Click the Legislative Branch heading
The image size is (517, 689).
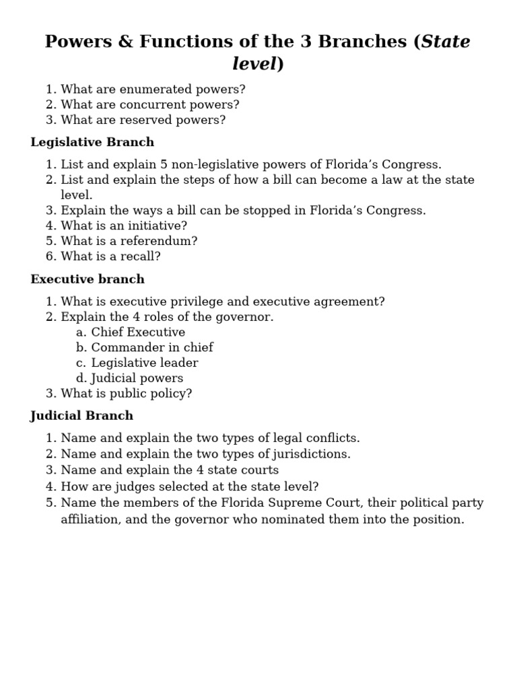click(x=92, y=142)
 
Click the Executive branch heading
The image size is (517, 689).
click(x=88, y=279)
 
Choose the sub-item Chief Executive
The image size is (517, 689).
click(x=138, y=332)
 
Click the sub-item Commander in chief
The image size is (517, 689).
click(x=152, y=347)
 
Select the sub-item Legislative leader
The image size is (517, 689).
click(x=145, y=363)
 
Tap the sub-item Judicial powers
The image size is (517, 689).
click(x=137, y=378)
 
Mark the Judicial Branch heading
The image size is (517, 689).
click(x=82, y=415)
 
